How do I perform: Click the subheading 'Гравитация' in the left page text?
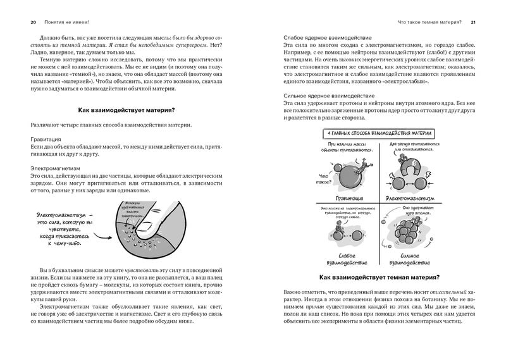point(45,138)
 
